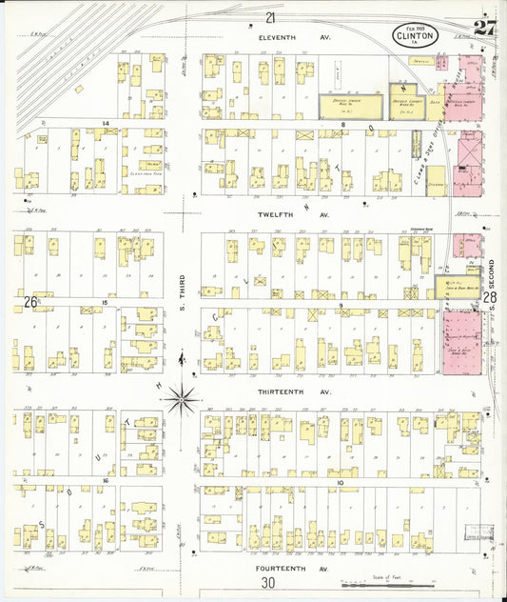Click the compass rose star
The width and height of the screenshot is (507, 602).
pos(181,399)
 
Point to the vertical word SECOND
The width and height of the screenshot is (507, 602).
pos(493,271)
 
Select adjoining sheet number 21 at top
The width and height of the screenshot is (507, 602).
pos(271,18)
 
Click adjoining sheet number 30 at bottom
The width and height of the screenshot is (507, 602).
pos(268,583)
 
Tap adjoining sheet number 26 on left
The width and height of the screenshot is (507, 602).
pos(30,302)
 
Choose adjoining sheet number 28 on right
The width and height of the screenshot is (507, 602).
pos(491,298)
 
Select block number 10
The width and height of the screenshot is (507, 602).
pos(340,483)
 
